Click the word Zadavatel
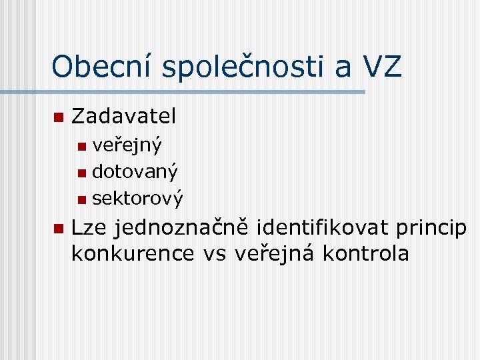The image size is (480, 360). (123, 117)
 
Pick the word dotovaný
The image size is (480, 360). (135, 172)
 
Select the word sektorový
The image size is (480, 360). (137, 198)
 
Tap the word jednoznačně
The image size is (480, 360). (181, 229)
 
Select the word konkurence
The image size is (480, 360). (133, 253)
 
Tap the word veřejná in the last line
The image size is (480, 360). (275, 254)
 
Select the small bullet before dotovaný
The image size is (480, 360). (81, 173)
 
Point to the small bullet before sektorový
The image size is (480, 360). (81, 199)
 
